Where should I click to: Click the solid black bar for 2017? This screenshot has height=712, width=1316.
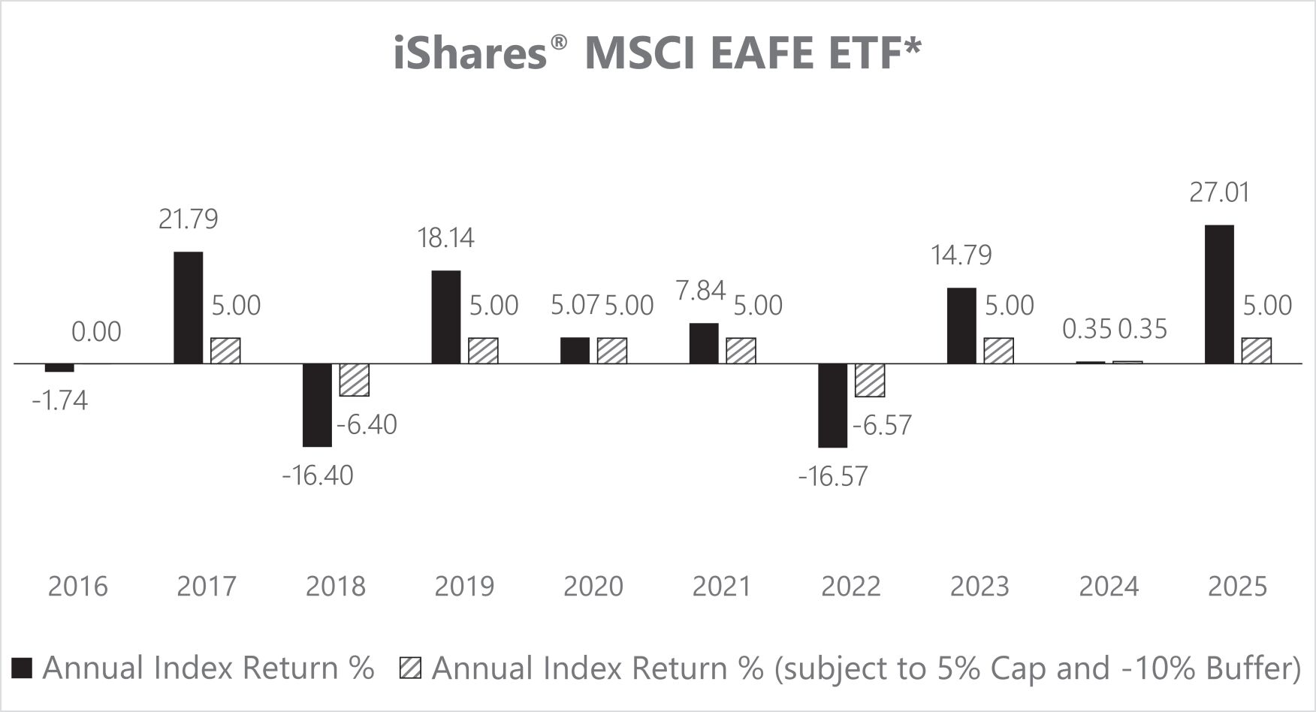(x=189, y=307)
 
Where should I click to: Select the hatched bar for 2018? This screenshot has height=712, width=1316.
(x=355, y=379)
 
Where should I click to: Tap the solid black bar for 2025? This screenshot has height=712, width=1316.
(x=1219, y=294)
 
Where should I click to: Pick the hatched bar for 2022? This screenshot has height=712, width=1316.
(x=870, y=380)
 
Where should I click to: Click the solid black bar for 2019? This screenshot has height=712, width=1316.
(x=446, y=317)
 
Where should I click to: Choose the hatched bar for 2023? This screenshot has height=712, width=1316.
(x=999, y=351)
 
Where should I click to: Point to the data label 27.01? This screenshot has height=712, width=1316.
(x=1220, y=192)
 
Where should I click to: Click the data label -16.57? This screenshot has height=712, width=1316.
(x=833, y=476)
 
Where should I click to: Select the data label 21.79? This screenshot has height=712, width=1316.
(x=189, y=219)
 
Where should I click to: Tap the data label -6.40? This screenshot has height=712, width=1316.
(x=367, y=425)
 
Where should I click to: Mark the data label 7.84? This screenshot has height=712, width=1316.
(x=701, y=291)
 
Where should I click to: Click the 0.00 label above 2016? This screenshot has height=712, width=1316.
(x=97, y=332)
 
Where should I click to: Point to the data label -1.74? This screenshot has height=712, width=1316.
(x=60, y=401)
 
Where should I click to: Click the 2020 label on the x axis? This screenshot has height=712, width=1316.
(x=593, y=586)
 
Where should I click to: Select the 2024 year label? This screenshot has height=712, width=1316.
(x=1109, y=586)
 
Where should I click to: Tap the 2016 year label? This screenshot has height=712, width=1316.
(x=78, y=586)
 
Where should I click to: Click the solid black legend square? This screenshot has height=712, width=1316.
(x=23, y=668)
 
